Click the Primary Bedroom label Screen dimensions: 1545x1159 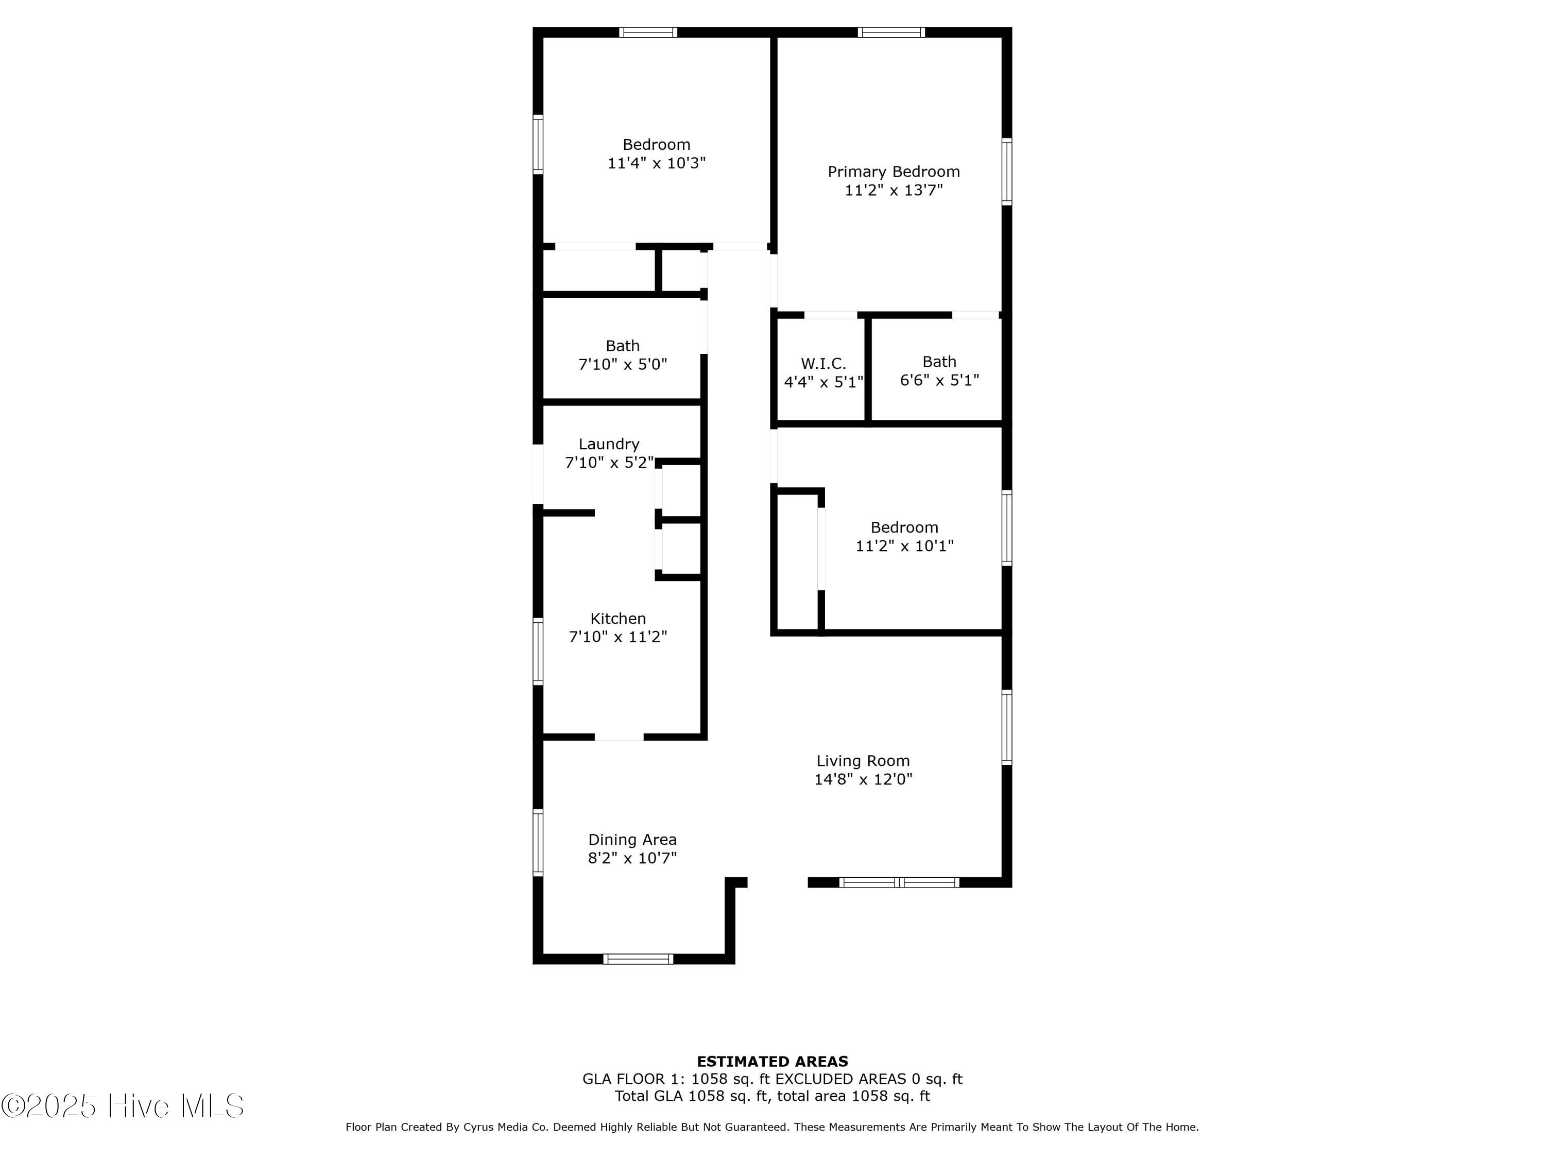coord(894,172)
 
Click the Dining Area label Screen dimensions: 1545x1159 coord(632,839)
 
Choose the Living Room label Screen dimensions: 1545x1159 coord(863,761)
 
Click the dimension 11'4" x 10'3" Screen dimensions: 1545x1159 coord(657,163)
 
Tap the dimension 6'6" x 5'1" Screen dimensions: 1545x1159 coord(939,380)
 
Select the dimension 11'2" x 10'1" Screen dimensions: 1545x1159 coord(904,546)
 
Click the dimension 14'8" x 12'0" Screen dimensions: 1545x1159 coord(863,779)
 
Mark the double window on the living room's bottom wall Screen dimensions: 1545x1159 coord(899,882)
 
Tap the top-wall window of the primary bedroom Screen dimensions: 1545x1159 coord(891,32)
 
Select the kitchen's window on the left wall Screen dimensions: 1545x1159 coord(538,652)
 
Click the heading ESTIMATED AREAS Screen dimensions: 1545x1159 coord(772,1062)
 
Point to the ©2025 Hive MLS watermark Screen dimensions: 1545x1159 coord(123,1106)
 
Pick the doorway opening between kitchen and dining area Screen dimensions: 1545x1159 coord(619,737)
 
